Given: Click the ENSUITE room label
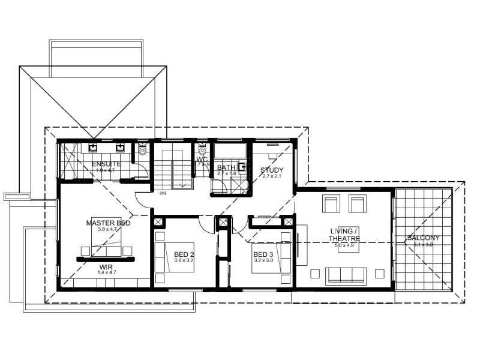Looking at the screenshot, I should (107, 164).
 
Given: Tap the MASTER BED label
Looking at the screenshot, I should (108, 223).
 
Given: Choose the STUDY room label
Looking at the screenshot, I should (271, 170).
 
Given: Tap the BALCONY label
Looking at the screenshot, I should (423, 238).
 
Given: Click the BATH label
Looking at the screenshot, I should (226, 167).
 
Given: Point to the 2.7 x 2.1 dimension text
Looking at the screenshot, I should (271, 176).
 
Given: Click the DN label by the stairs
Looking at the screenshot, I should (163, 193).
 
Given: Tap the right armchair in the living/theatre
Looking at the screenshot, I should (358, 203).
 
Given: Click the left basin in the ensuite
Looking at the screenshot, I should (94, 147).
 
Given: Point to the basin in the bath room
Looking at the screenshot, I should (242, 168).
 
